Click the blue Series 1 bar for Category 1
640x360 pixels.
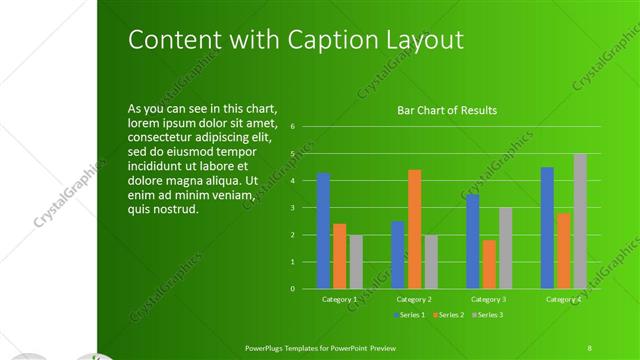pyautogui.click(x=323, y=231)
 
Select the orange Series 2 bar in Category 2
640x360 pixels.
pyautogui.click(x=414, y=229)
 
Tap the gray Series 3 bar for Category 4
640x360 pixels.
pyautogui.click(x=580, y=221)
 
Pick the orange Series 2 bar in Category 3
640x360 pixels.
pyautogui.click(x=489, y=264)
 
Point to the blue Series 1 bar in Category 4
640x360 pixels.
pyautogui.click(x=547, y=228)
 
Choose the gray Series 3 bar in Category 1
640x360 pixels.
pyautogui.click(x=356, y=262)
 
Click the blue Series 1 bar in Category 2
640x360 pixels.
pyautogui.click(x=398, y=255)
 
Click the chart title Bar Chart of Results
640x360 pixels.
pyautogui.click(x=447, y=110)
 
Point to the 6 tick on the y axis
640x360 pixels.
pyautogui.click(x=292, y=127)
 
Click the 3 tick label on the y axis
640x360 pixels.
pyautogui.click(x=292, y=208)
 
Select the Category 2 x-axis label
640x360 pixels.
pyautogui.click(x=414, y=299)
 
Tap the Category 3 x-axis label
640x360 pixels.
pyautogui.click(x=489, y=299)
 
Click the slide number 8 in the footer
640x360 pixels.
pyautogui.click(x=590, y=347)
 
